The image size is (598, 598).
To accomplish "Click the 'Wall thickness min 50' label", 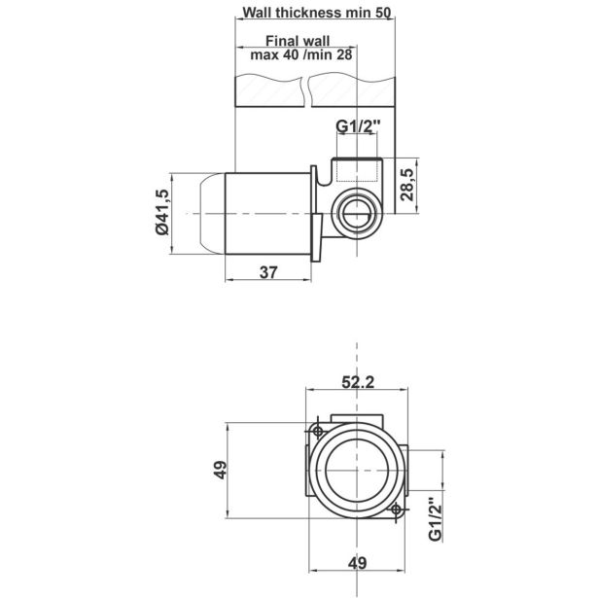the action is (x=317, y=13).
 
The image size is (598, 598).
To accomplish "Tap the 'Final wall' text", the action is (x=298, y=41).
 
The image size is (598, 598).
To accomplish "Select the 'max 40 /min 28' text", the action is (x=300, y=54).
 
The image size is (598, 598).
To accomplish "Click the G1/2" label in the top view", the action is (x=358, y=125).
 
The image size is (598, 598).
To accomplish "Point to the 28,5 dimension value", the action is (x=407, y=184).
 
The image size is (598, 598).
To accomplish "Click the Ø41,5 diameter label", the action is (x=162, y=212).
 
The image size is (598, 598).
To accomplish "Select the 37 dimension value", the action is (x=268, y=272).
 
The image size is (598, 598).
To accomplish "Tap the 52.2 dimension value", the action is (x=358, y=382).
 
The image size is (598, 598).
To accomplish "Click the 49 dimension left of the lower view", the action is (x=220, y=470).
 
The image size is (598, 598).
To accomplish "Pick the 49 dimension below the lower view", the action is (x=357, y=563).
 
